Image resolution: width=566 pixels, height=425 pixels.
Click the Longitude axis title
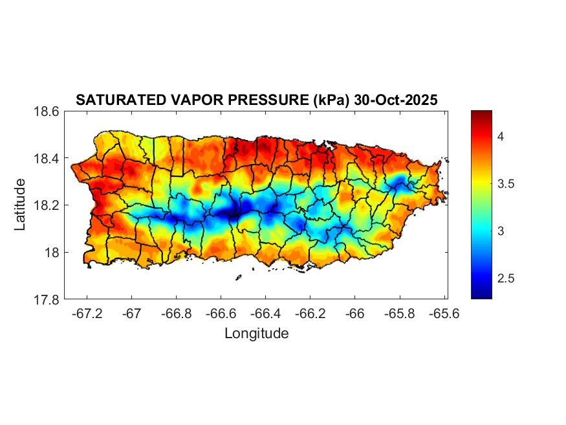256,334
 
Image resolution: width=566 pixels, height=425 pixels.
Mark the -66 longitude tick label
355,314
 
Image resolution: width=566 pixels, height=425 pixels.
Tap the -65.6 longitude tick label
444,314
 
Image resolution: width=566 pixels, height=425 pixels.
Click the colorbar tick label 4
501,137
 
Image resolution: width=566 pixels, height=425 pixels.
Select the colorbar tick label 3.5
506,184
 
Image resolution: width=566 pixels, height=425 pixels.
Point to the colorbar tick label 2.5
506,279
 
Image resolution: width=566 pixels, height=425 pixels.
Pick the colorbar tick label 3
501,231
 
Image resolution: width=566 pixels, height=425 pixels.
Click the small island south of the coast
238,278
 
